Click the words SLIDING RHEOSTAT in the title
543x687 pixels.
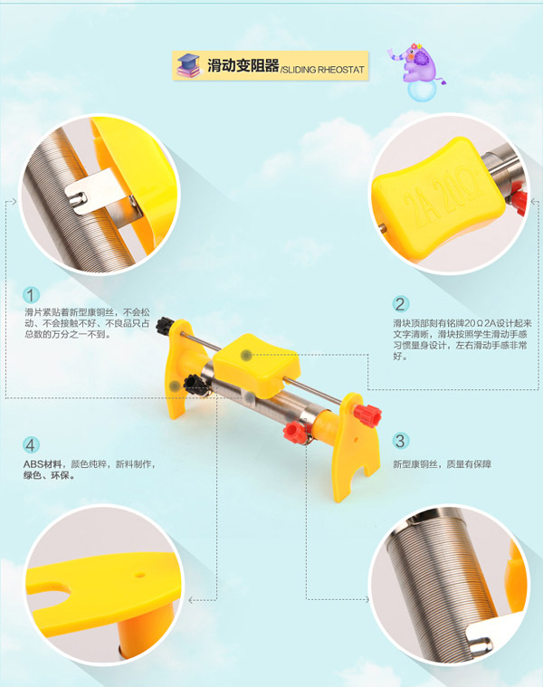(324, 69)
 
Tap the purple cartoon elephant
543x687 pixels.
(417, 62)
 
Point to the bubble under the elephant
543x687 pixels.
(421, 91)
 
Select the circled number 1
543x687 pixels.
(31, 295)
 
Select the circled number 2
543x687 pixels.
(400, 304)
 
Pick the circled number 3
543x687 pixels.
(400, 441)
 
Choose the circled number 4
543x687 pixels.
(31, 445)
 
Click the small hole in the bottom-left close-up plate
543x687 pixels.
(139, 574)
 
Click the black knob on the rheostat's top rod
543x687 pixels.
(166, 326)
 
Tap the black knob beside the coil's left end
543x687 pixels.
(192, 385)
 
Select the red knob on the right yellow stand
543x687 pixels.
(367, 415)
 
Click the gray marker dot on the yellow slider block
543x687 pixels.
(246, 355)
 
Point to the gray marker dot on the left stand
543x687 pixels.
(176, 386)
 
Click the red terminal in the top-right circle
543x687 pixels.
(519, 203)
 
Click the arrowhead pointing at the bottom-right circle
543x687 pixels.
(367, 599)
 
